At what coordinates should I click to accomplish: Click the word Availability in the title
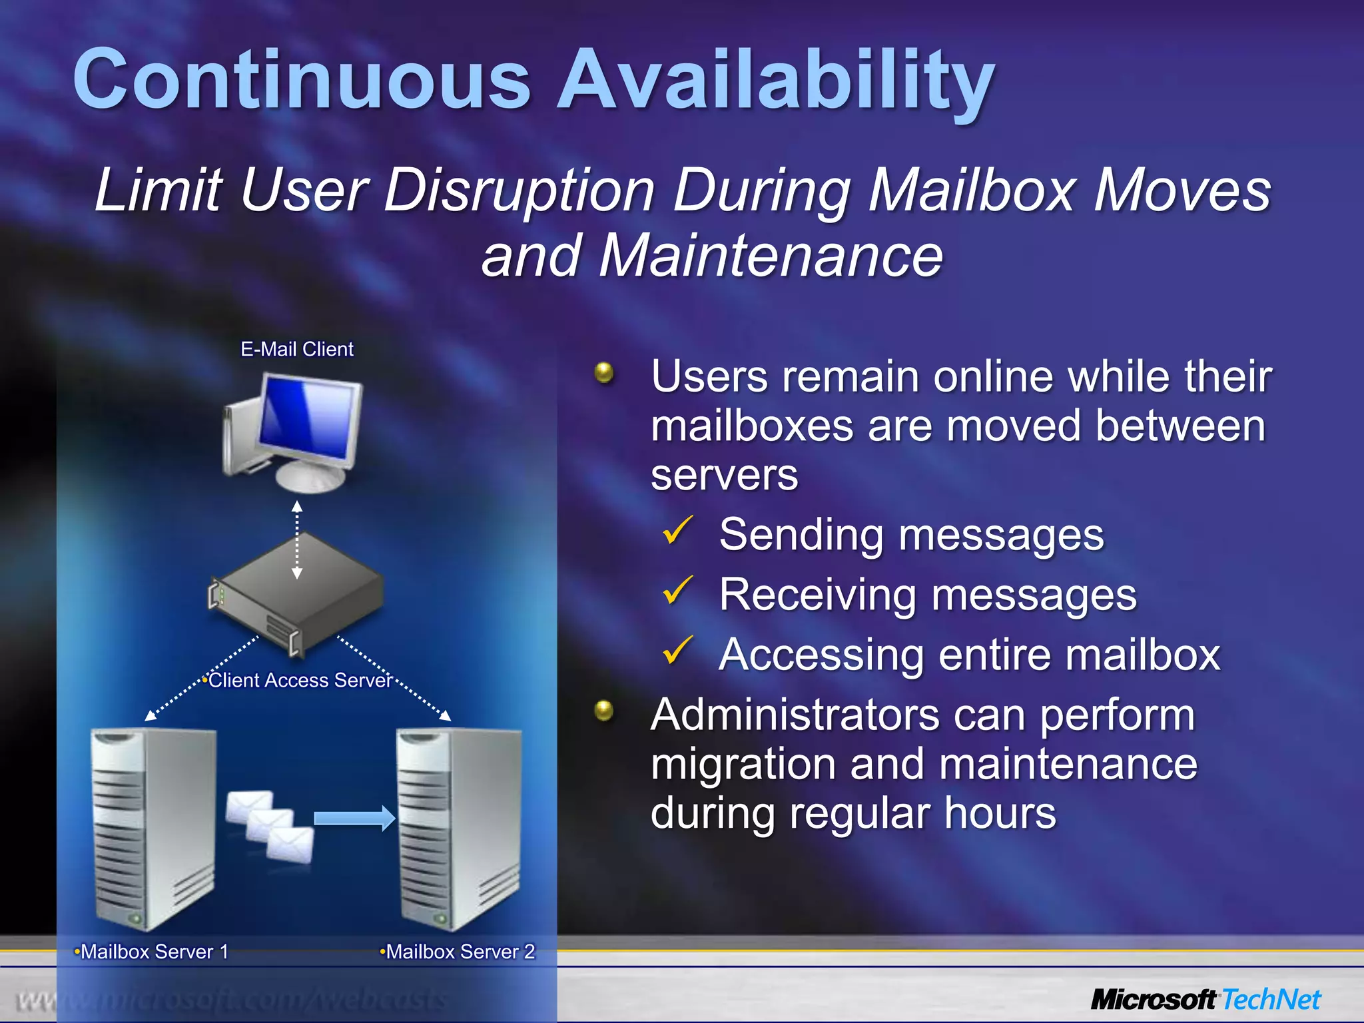[776, 81]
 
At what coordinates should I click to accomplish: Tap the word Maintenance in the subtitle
[770, 256]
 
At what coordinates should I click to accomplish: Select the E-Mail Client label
[296, 349]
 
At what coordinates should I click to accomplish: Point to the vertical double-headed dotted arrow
[297, 539]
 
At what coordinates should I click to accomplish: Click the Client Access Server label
[300, 680]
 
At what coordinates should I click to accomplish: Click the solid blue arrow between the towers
[354, 818]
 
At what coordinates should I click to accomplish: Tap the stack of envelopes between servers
[269, 826]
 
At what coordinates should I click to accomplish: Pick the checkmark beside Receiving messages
[677, 591]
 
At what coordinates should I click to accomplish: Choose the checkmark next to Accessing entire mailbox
[677, 651]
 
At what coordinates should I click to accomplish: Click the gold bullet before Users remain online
[604, 372]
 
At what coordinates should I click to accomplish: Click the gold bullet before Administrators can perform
[604, 711]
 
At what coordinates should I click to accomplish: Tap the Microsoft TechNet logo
[1205, 1000]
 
